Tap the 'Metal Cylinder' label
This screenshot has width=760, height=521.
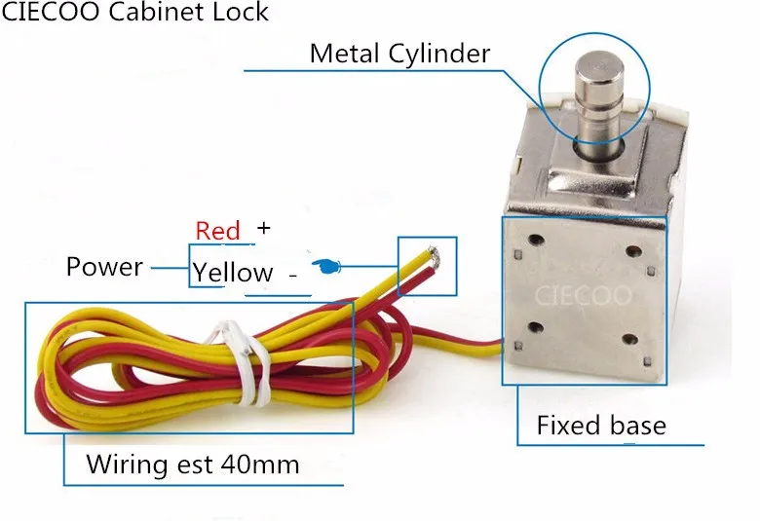(x=399, y=53)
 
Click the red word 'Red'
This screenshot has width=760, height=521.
(x=217, y=231)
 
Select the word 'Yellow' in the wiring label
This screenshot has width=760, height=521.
(x=233, y=273)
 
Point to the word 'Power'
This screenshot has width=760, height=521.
(x=104, y=267)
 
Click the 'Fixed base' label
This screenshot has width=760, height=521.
(x=601, y=426)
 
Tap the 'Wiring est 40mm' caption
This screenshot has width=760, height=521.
(x=192, y=464)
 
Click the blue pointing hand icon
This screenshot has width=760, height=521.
(x=326, y=265)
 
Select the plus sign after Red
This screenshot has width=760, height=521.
(x=262, y=228)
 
